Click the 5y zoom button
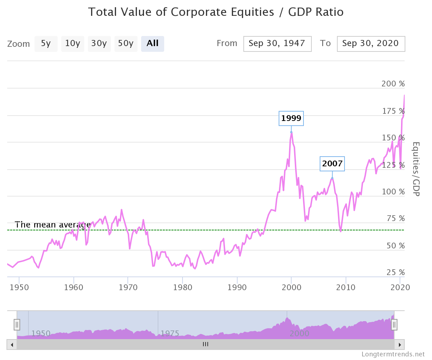pos(46,44)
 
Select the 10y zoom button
pos(72,44)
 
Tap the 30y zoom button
pos(99,44)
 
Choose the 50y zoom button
pos(126,44)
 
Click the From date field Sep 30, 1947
pos(277,44)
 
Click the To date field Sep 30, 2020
pos(371,44)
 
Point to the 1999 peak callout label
pos(291,118)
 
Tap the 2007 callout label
pos(332,164)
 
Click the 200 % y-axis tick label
pos(393,84)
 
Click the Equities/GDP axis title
pos(416,169)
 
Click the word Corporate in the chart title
pos(201,12)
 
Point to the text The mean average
pos(52,225)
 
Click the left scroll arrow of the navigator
pos(12,345)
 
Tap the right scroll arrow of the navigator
pos(399,345)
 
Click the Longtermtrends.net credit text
pos(393,354)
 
